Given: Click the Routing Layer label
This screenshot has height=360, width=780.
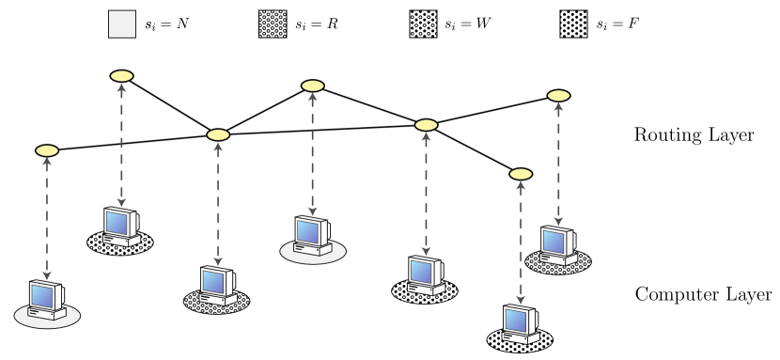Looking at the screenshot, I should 694,136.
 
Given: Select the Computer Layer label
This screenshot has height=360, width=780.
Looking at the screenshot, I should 704,294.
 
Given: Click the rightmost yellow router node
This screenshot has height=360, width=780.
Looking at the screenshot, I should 558,96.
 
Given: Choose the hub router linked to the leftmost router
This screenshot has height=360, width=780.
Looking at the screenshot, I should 218,135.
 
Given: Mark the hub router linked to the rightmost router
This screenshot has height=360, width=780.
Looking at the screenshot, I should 427,124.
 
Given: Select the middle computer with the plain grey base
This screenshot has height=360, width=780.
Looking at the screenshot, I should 312,235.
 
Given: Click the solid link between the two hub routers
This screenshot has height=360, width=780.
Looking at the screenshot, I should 322,130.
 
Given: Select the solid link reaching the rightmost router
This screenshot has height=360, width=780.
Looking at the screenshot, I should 492,110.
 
